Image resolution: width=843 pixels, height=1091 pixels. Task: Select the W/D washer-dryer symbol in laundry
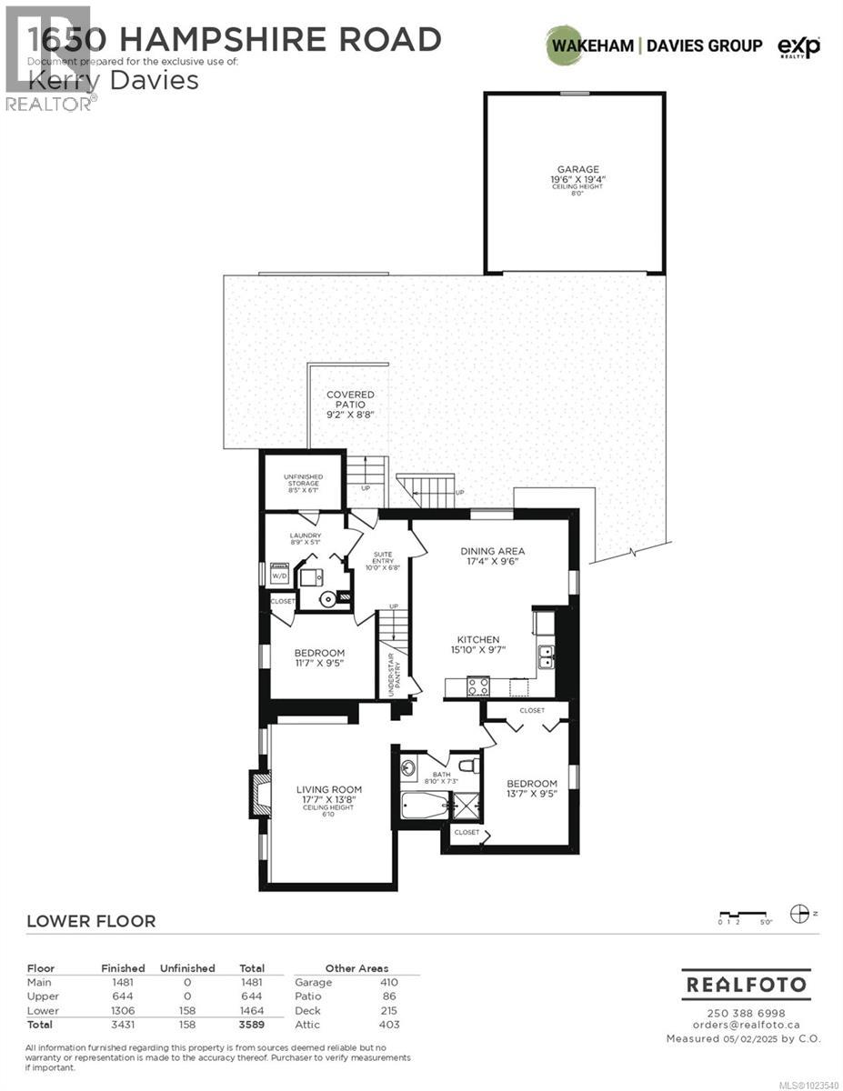(280, 575)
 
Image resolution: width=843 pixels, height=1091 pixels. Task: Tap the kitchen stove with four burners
(478, 686)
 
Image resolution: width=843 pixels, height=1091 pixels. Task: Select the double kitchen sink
(547, 656)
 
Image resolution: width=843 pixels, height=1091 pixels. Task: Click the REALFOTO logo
(746, 984)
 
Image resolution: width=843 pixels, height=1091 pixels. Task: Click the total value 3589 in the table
(251, 1025)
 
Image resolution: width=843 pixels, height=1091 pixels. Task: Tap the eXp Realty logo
(799, 46)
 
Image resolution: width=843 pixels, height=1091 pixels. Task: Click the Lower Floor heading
(91, 921)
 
